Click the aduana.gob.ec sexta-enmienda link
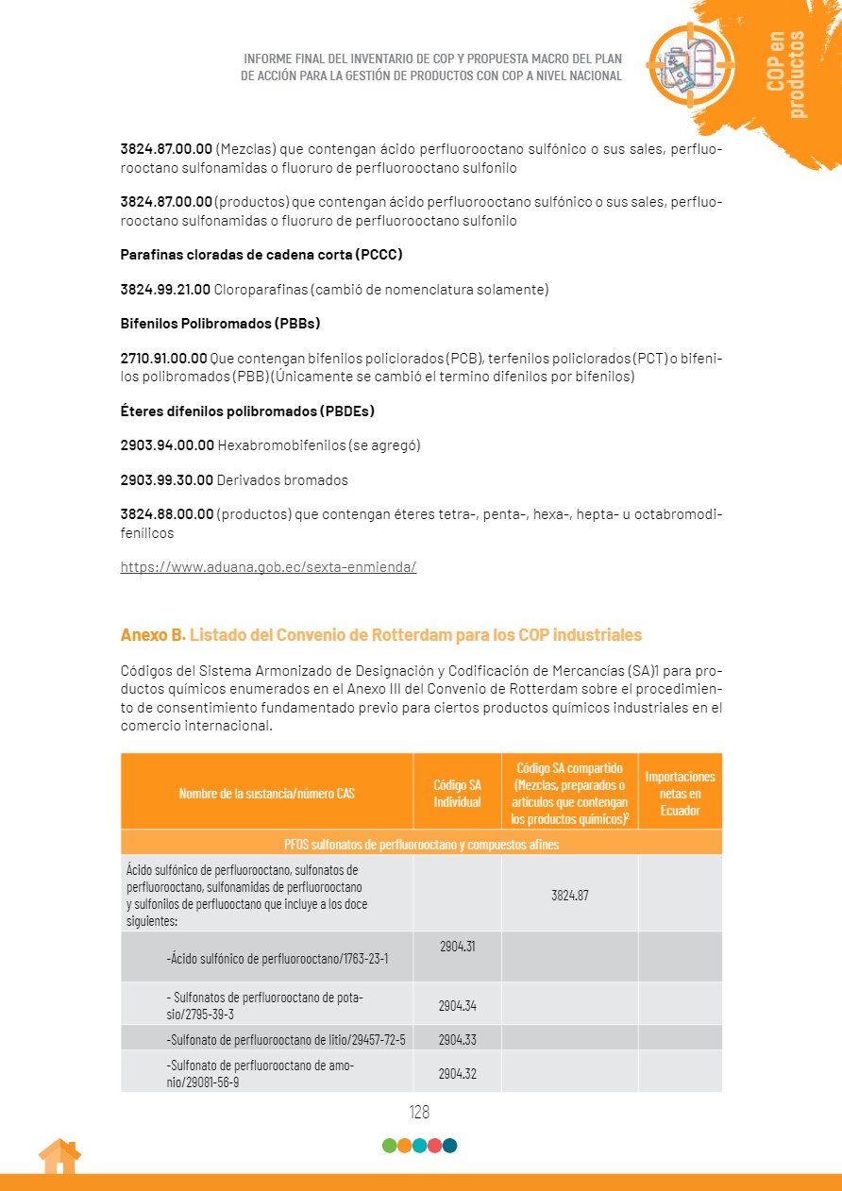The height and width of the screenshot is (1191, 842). pos(268,567)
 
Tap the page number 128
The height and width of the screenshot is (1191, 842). pos(419,1112)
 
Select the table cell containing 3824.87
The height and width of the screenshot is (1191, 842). pos(569,895)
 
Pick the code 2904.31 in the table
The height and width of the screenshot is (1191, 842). pos(457,946)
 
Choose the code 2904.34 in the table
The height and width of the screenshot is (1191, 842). pos(457,1005)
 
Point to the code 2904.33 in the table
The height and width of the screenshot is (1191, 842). pos(457,1039)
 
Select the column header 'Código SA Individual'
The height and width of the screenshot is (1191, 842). pos(457,794)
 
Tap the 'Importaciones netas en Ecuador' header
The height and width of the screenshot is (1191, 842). pos(680,794)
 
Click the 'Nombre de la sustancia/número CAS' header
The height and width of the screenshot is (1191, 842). pos(267,794)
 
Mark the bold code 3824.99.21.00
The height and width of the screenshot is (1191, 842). pos(165,290)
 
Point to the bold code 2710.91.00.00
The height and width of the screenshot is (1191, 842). pos(164,358)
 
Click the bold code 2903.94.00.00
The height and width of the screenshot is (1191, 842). pos(167,445)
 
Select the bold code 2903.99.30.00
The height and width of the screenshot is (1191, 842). pos(167,480)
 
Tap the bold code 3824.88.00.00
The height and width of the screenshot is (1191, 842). pos(167,514)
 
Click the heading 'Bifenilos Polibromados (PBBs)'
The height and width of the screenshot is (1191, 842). pos(220,324)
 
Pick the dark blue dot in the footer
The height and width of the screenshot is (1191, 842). pos(449,1146)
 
